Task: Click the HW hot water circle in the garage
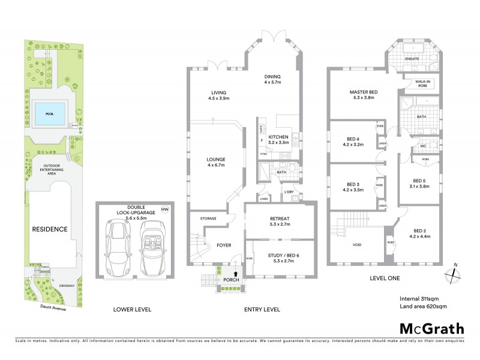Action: point(164,209)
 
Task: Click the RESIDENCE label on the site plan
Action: point(50,229)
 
